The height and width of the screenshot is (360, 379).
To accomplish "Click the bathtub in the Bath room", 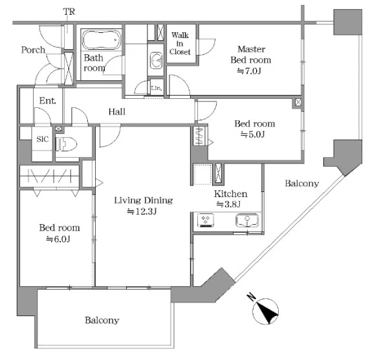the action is click(102, 39).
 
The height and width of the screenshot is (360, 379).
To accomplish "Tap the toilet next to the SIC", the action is click(66, 144).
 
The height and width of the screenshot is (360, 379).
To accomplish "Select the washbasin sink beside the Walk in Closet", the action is click(156, 60).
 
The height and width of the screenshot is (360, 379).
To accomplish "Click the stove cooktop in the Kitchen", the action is click(206, 220).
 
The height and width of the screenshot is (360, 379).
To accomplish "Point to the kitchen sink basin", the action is click(247, 220).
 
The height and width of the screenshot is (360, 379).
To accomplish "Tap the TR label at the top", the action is click(69, 12).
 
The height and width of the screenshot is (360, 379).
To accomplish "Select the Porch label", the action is click(33, 50).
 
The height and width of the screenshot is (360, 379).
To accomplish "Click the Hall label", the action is click(117, 112).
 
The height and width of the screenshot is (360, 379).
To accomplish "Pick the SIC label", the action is click(43, 139).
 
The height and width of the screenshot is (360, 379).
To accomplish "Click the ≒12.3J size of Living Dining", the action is click(142, 211).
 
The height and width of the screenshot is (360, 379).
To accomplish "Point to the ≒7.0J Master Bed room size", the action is click(249, 71).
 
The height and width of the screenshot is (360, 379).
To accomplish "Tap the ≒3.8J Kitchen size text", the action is click(228, 204).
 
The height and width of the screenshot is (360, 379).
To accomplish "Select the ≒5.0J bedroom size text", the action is click(253, 134).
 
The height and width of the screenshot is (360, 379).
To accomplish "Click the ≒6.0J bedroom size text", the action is click(58, 239).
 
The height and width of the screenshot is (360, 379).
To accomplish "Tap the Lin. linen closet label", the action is click(156, 88).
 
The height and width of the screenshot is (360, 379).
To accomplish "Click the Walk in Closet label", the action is click(180, 43).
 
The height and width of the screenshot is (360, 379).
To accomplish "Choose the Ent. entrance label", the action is click(48, 101).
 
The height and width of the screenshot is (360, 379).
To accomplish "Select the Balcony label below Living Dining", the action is click(102, 321).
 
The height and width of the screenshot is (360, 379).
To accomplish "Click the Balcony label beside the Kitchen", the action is click(302, 184).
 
